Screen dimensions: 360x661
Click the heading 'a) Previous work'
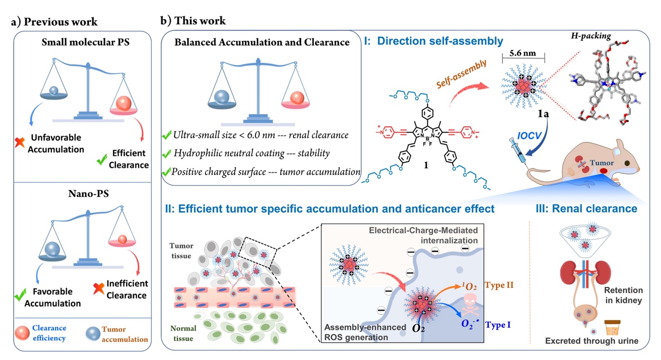click(x=54, y=22)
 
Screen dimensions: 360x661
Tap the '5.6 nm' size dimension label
click(x=522, y=53)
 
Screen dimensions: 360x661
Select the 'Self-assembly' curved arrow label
click(x=461, y=74)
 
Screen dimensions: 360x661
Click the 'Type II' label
click(x=499, y=285)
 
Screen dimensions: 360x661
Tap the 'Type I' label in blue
click(x=498, y=325)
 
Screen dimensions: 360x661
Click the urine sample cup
click(x=612, y=328)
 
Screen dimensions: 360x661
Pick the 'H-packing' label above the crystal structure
click(x=591, y=36)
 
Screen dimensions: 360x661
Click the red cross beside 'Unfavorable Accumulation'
click(x=20, y=142)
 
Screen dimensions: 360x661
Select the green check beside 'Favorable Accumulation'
click(x=20, y=295)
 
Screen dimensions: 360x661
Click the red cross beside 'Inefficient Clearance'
click(x=98, y=288)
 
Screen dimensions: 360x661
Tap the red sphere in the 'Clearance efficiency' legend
click(x=22, y=333)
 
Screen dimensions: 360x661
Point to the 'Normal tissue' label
click(x=183, y=333)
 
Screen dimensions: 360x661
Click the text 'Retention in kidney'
click(x=623, y=295)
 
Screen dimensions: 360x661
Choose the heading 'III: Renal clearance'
click(x=586, y=209)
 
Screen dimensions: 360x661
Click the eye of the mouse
click(x=627, y=163)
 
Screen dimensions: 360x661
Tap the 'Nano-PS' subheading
click(x=88, y=193)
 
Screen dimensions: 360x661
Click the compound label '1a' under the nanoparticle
click(x=543, y=114)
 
